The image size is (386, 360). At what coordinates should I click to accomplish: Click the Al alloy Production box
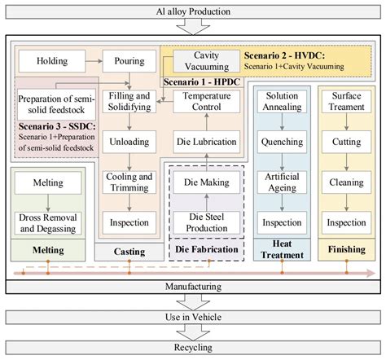[193, 11]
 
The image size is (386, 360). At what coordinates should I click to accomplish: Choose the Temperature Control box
[206, 102]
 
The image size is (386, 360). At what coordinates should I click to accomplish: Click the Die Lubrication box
[206, 142]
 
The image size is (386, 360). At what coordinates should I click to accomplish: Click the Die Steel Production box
[206, 221]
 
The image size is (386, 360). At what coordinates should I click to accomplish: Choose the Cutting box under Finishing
[346, 142]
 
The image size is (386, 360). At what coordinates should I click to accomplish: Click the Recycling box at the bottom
[193, 345]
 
